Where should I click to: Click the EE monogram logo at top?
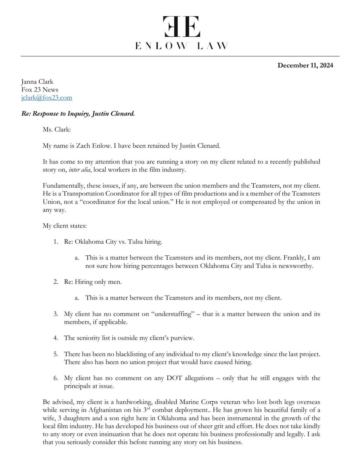pos(182,26)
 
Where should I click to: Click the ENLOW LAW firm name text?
pos(182,46)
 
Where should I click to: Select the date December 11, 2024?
pos(305,65)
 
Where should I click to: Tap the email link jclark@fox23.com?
pos(47,98)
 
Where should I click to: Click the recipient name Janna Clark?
pos(37,82)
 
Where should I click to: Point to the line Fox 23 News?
pos(40,90)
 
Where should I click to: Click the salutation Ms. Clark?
pos(57,129)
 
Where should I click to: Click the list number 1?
pos(56,242)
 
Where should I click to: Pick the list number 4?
pos(56,338)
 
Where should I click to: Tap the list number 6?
pos(56,378)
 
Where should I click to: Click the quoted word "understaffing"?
pos(173,314)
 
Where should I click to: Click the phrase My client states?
pos(65,226)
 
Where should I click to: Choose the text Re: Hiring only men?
pos(93,282)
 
